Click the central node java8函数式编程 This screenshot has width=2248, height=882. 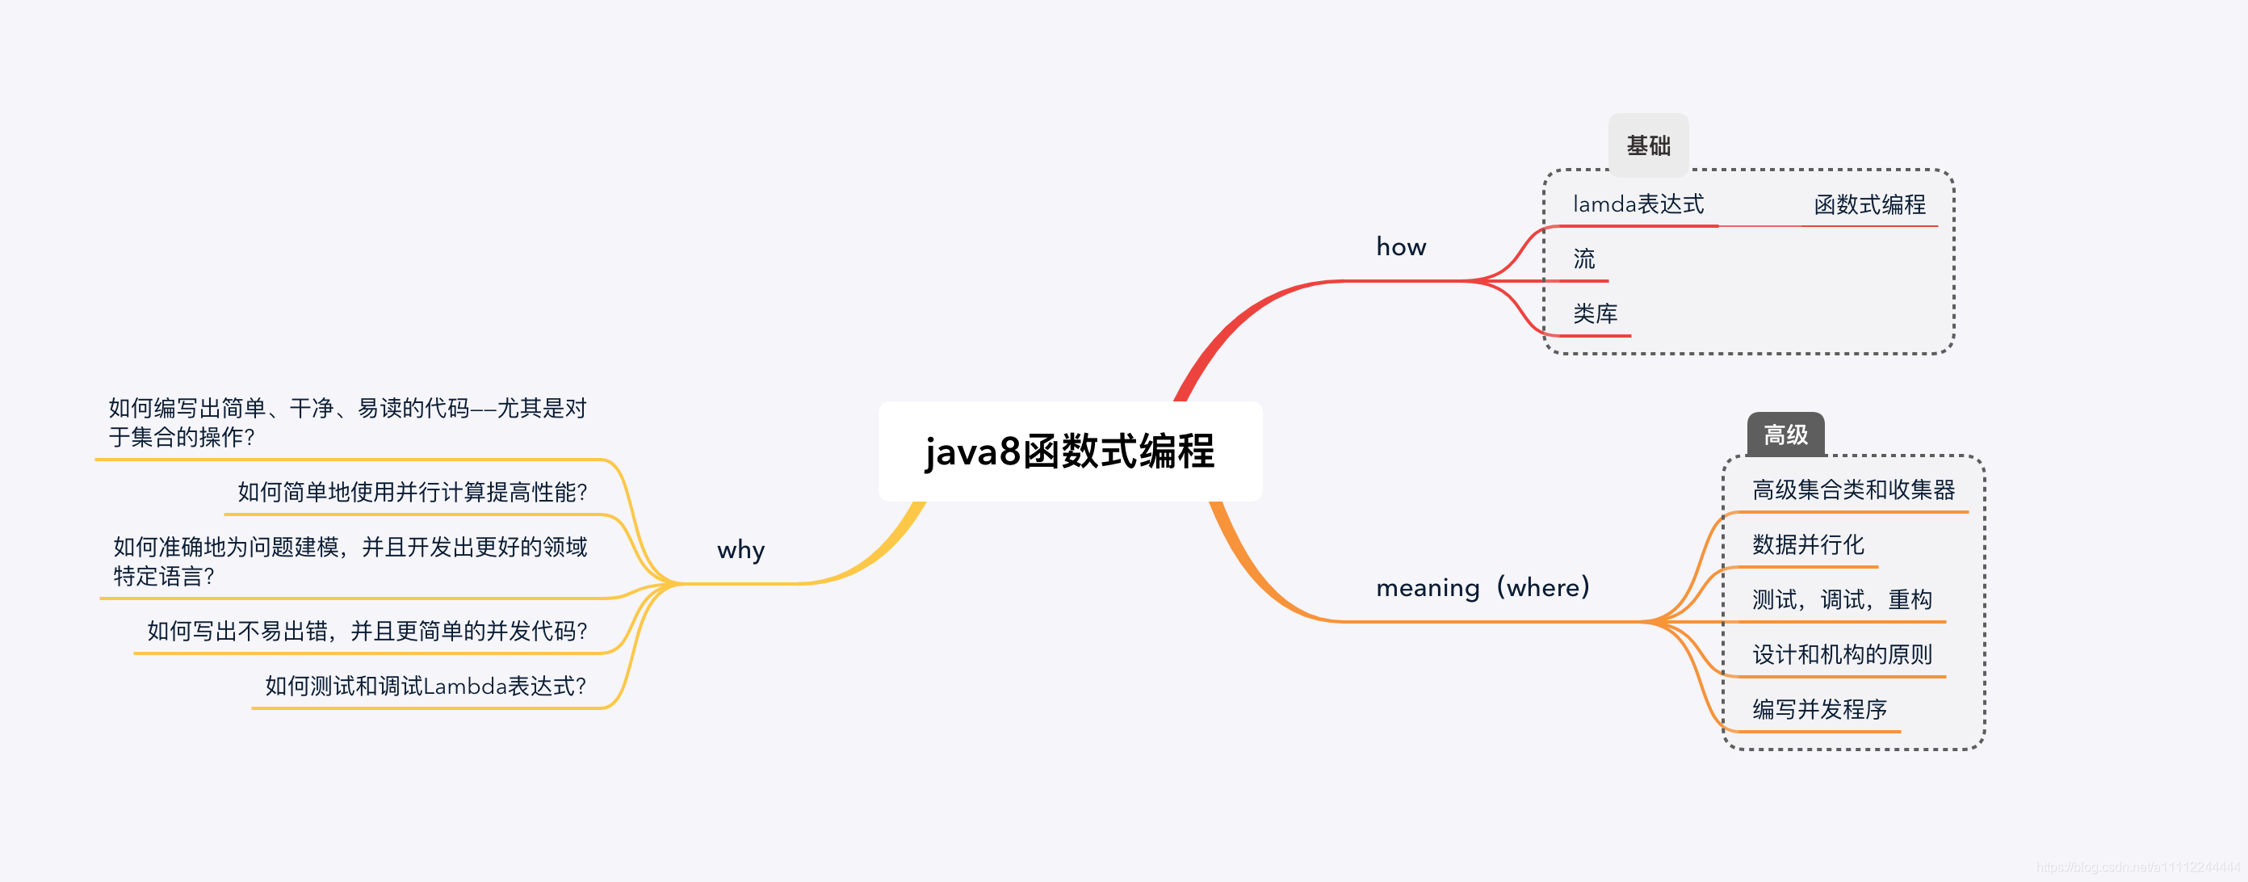tap(1070, 451)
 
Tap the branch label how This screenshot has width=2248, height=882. tap(1401, 247)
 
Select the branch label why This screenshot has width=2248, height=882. tap(741, 550)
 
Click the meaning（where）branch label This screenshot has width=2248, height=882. tap(1483, 588)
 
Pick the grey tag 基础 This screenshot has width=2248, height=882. tap(1647, 145)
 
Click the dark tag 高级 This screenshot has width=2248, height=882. tap(1785, 435)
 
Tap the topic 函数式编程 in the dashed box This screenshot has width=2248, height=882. tap(1869, 205)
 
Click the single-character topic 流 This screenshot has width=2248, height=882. tap(1584, 259)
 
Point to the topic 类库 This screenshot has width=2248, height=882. tap(1596, 314)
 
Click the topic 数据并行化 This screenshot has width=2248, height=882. tap(1807, 545)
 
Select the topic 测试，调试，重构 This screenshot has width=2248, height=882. tap(1841, 600)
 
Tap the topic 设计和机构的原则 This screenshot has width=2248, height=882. tap(1841, 655)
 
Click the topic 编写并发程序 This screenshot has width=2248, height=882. tap(1818, 709)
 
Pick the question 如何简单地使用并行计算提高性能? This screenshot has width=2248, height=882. tap(412, 493)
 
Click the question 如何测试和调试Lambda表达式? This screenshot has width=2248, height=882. tap(425, 687)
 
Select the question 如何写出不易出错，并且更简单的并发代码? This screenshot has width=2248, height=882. tap(367, 632)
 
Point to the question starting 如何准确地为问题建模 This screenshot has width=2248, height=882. tap(349, 561)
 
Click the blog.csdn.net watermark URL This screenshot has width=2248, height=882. tap(2137, 867)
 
